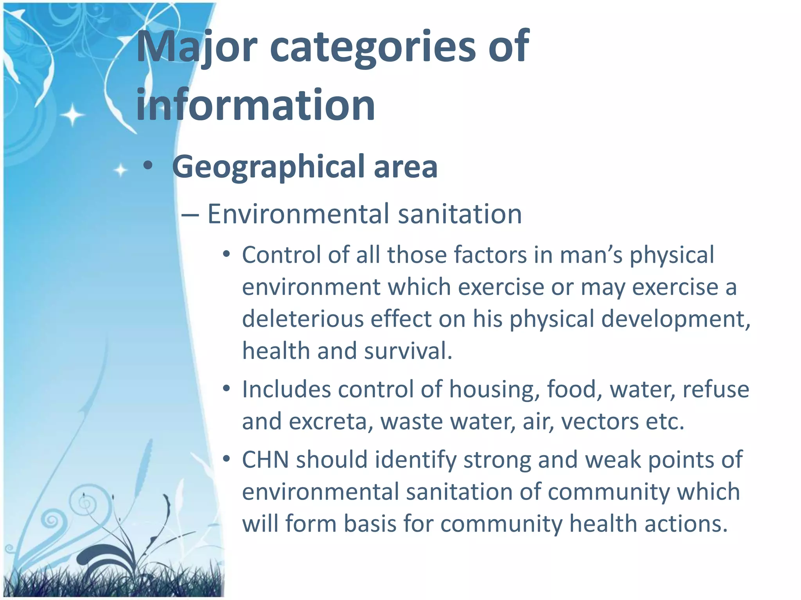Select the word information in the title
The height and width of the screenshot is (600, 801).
pos(255,105)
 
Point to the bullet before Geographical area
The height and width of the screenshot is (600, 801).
pos(148,166)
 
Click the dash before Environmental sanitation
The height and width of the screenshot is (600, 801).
pos(190,215)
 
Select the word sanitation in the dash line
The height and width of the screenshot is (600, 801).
pos(460,214)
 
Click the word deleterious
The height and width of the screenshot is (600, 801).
pos(303,319)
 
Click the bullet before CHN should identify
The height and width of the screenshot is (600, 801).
pos(226,459)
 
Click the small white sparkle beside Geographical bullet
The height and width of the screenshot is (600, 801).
pos(120,170)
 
